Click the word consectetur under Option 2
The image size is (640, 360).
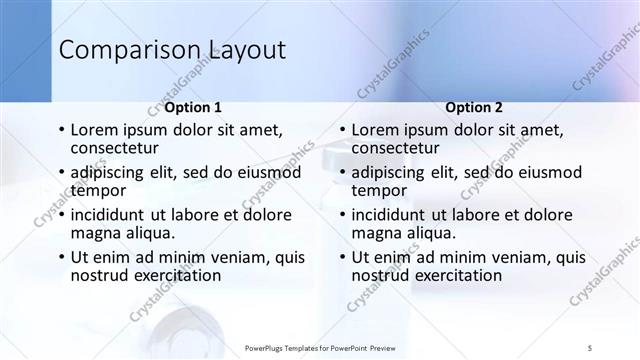coord(398,148)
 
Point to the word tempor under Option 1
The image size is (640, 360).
coord(98,190)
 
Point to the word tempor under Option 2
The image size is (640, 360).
coord(380,190)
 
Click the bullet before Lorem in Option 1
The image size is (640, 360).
coord(61,130)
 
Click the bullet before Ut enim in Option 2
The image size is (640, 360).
coord(343,257)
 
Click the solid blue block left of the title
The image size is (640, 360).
coord(25,50)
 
